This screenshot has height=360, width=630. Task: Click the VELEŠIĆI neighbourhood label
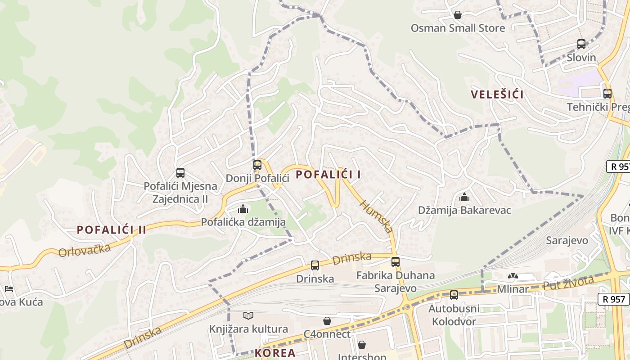coord(497,94)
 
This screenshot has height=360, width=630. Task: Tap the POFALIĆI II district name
coord(112,230)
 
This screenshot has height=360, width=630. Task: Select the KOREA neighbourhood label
coord(275,353)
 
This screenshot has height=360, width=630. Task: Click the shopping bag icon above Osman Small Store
coord(458,15)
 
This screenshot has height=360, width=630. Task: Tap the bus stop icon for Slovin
coord(581,44)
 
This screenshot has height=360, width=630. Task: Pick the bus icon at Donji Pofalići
coord(257,165)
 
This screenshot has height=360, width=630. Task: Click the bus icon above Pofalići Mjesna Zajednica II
coord(180,172)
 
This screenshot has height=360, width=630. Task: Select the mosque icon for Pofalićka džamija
coord(243,208)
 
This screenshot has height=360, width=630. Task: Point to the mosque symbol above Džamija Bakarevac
coord(464,197)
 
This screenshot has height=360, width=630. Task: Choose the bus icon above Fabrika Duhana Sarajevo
coord(396,261)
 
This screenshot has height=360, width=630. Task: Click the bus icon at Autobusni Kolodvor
coord(454,295)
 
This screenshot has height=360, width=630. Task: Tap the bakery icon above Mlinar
coord(513,275)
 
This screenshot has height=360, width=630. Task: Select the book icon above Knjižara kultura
coord(248,315)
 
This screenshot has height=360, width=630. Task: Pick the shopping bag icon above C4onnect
coord(327,321)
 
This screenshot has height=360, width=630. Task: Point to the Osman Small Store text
coord(458,28)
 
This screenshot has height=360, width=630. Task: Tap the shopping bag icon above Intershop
coord(362,345)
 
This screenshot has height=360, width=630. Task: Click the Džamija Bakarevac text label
coord(464,210)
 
